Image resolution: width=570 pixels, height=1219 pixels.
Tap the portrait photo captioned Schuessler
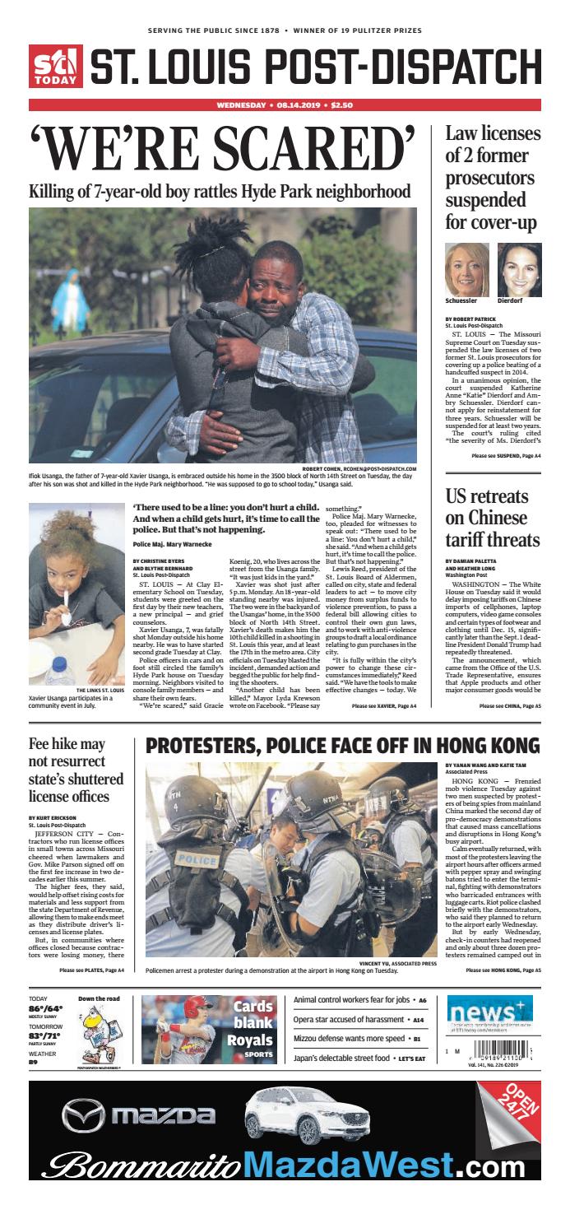466,270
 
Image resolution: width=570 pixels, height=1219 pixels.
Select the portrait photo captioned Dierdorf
519,270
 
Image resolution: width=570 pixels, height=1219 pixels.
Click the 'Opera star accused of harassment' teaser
350,1019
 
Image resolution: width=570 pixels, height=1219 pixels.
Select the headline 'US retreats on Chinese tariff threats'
492,518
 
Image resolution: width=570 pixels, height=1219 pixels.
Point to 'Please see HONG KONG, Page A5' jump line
503,970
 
